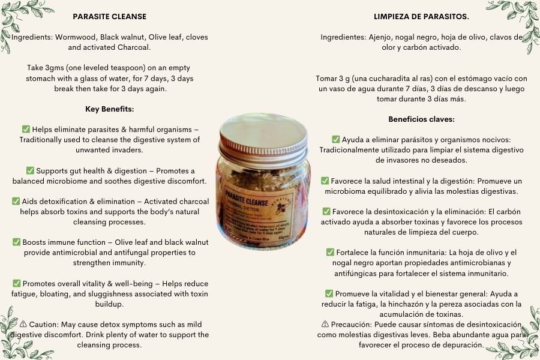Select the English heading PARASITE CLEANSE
coord(109,17)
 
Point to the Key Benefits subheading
coord(109,109)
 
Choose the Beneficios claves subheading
coord(421,119)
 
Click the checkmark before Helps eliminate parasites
coord(26,129)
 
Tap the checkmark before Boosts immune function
coord(17,242)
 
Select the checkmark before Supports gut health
coord(30,170)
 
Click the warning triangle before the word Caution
coord(23,324)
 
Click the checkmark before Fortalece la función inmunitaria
coord(330,252)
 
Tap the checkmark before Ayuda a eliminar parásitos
coord(336,139)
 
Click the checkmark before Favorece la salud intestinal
coord(325,181)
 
